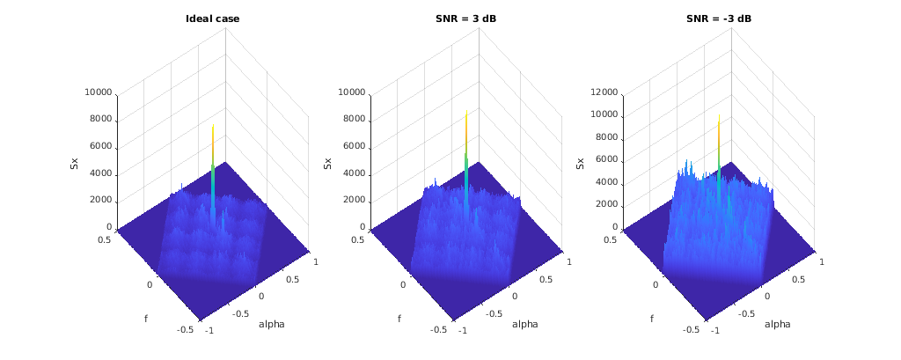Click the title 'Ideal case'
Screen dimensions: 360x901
[x=213, y=18]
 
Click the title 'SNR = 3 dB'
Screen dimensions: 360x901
[x=466, y=18]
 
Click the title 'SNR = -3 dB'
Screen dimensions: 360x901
[x=719, y=18]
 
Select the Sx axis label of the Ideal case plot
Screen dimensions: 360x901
[x=75, y=162]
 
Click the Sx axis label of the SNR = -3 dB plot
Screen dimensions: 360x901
[x=581, y=162]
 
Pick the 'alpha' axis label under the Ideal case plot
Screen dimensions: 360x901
[x=271, y=324]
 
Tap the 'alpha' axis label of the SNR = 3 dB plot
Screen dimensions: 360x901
[x=524, y=324]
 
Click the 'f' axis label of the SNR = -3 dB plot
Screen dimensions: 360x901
[x=652, y=318]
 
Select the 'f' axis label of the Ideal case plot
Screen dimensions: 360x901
[x=146, y=318]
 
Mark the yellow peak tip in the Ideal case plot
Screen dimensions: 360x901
[x=213, y=125]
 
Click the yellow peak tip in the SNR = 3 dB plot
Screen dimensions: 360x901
[x=466, y=112]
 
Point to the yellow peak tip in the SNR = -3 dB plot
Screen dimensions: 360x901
[x=719, y=121]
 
